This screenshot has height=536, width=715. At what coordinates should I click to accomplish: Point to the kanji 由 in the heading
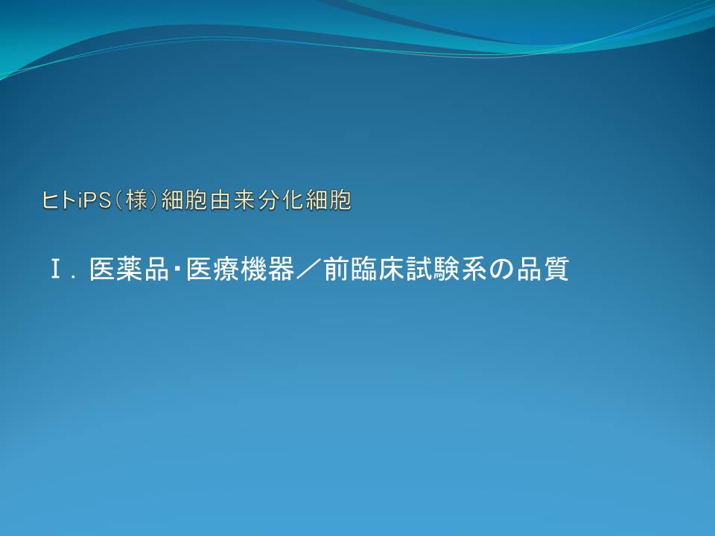pyautogui.click(x=221, y=200)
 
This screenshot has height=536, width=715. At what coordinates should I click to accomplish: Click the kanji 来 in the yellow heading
pyautogui.click(x=245, y=200)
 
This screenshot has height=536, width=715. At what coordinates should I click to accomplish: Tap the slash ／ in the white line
pyautogui.click(x=308, y=269)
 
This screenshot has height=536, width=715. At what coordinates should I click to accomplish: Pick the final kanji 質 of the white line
pyautogui.click(x=556, y=269)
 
